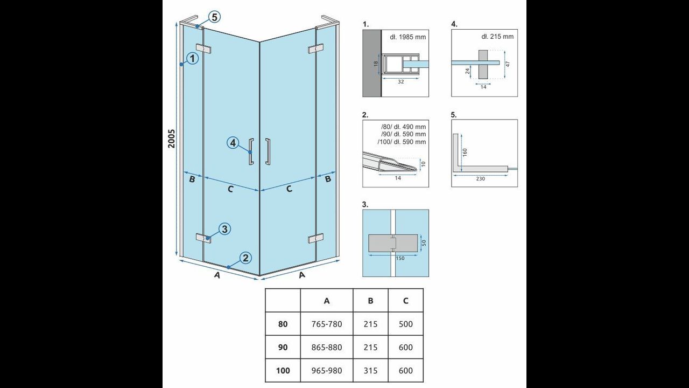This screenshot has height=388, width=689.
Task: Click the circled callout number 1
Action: click(193, 58)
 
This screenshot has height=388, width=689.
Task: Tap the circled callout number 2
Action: click(245, 258)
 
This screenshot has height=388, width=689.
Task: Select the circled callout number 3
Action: click(224, 229)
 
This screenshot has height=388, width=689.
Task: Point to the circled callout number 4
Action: click(233, 143)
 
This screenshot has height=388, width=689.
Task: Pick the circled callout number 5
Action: click(214, 17)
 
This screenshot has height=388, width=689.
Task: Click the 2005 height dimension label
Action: click(171, 138)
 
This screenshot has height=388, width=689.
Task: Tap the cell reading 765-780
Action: click(327, 324)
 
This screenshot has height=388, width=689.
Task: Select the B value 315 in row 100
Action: click(370, 370)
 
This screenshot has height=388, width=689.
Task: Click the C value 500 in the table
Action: click(406, 324)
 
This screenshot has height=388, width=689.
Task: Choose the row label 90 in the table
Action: click(283, 348)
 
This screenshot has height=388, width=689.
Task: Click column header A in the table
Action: click(327, 301)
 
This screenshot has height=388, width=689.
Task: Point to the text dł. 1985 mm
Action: click(408, 37)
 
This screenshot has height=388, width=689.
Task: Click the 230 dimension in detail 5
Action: click(480, 179)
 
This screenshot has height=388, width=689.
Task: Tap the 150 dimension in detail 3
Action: click(400, 258)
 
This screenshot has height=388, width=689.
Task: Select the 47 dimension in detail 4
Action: click(508, 64)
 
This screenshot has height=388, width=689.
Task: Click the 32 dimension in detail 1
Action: click(400, 82)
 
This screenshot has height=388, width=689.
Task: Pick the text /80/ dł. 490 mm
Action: click(403, 127)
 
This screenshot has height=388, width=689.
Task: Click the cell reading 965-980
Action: click(327, 370)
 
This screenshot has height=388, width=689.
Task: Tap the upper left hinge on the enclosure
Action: click(203, 48)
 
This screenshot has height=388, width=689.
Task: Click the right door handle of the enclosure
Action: click(268, 151)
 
